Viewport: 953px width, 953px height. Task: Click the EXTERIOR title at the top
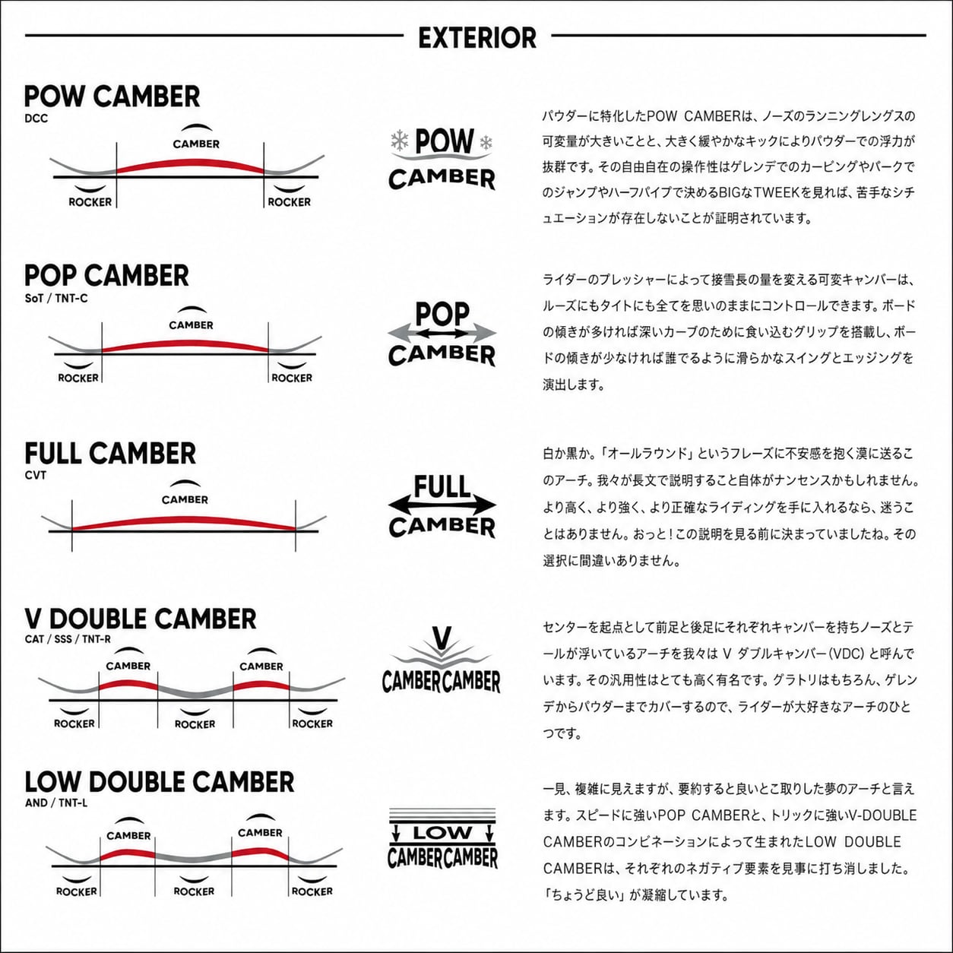point(477,37)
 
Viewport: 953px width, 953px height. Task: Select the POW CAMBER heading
point(112,97)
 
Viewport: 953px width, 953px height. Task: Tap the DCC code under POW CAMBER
point(36,119)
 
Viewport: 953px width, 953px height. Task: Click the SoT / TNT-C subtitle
point(56,298)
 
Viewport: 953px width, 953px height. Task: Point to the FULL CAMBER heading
point(110,454)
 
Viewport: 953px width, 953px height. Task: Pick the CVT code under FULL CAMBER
point(36,475)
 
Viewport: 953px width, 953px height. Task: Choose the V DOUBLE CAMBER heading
point(141,619)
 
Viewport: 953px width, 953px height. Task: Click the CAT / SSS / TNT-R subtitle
point(68,639)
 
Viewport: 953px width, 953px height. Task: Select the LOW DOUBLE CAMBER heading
point(160,782)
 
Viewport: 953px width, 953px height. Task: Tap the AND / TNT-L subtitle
point(56,803)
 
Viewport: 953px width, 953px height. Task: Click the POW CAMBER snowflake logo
point(442,159)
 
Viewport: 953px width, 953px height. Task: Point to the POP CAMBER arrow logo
point(442,334)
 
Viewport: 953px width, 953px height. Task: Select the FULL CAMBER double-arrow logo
point(442,506)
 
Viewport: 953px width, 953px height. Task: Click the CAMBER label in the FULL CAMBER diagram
point(185,499)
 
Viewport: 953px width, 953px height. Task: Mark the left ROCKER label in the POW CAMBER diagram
point(90,202)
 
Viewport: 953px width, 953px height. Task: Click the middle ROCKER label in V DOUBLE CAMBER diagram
point(195,724)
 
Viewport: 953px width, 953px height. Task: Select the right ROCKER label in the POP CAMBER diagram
point(292,378)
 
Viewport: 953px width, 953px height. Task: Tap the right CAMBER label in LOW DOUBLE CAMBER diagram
point(260,833)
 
